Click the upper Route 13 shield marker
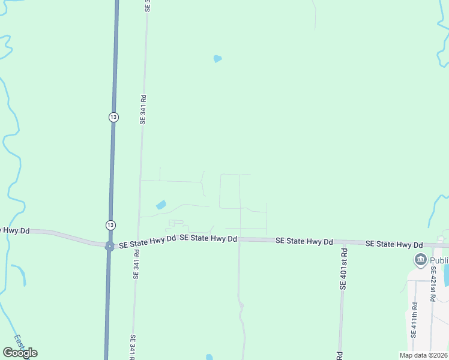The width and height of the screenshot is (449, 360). (x=113, y=117)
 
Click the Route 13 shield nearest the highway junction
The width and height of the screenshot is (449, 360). (x=110, y=224)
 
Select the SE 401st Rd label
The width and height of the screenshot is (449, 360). (x=343, y=269)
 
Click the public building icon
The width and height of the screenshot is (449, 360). (x=420, y=260)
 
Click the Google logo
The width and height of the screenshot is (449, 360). (x=20, y=353)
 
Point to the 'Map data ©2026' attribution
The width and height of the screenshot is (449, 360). (x=424, y=355)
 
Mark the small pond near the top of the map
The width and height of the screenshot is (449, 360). (x=217, y=59)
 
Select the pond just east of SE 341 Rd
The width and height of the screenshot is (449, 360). (x=161, y=205)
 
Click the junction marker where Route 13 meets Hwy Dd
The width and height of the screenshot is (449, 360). (x=109, y=246)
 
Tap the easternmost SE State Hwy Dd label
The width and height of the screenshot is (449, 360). (x=394, y=244)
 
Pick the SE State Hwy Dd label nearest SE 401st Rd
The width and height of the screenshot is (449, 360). (x=304, y=241)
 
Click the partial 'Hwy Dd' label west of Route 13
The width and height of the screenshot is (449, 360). (x=15, y=230)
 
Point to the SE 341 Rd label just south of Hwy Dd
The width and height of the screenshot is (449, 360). (x=136, y=265)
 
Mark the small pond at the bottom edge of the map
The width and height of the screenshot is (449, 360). (x=209, y=357)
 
